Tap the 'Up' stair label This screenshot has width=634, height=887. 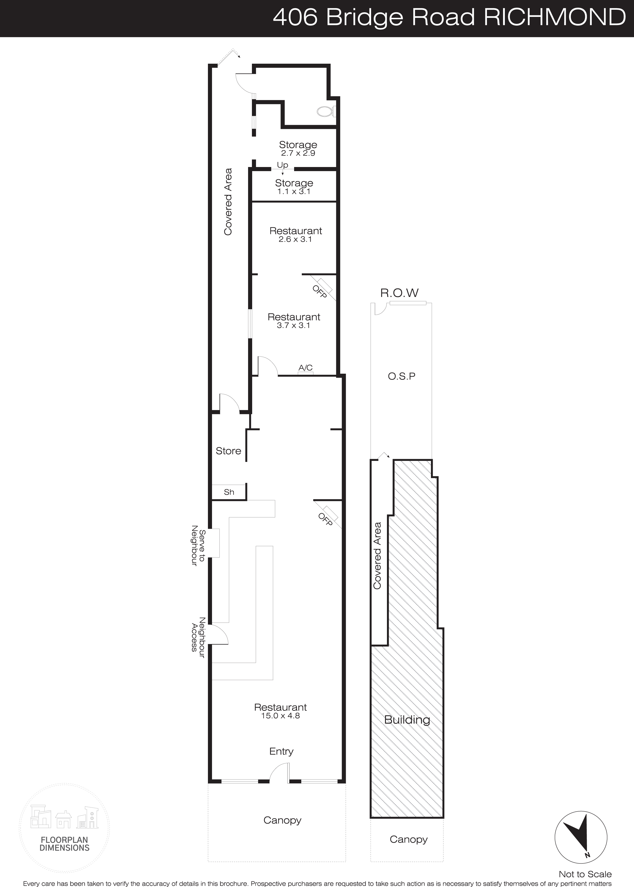point(283,165)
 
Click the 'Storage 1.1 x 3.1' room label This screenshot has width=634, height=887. point(294,187)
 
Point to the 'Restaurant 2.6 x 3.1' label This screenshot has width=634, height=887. point(296,235)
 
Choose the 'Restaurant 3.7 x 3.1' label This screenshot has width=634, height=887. point(294,321)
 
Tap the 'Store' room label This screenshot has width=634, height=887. point(228,451)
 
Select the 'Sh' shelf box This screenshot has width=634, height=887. point(229,492)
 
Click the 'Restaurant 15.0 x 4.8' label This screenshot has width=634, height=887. point(280,711)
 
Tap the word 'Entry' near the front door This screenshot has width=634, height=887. point(281,751)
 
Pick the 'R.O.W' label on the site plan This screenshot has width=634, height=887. point(399,293)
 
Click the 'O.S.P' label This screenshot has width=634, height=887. point(401,376)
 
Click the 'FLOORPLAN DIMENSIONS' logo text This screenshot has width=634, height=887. point(64,844)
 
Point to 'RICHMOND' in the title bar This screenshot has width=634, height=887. point(555,18)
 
